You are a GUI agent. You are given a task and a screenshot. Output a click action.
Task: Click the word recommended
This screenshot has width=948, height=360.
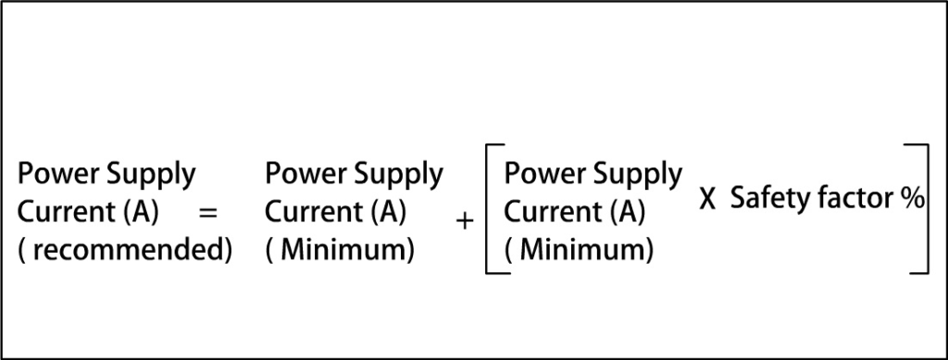pyautogui.click(x=131, y=251)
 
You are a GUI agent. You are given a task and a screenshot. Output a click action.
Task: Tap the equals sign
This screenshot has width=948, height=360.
pyautogui.click(x=208, y=213)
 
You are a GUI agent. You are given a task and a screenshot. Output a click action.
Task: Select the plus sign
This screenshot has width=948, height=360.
pyautogui.click(x=465, y=220)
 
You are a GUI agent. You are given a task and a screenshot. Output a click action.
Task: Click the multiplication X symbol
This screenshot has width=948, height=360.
pyautogui.click(x=708, y=200)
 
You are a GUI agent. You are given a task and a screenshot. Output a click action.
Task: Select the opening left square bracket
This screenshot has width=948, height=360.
pyautogui.click(x=493, y=208)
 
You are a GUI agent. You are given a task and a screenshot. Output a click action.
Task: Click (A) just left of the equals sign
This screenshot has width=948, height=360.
pyautogui.click(x=141, y=213)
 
